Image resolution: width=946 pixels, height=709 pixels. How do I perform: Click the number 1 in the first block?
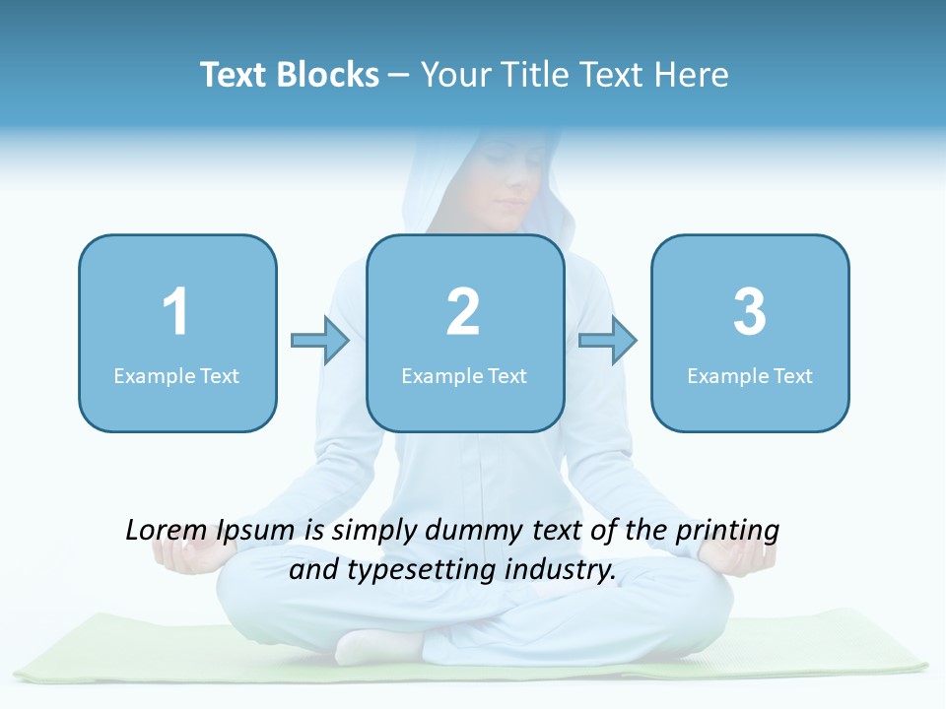pyautogui.click(x=175, y=312)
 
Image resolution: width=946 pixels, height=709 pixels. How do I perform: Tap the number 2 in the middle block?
pyautogui.click(x=463, y=312)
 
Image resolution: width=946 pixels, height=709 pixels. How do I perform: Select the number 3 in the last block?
pyautogui.click(x=750, y=312)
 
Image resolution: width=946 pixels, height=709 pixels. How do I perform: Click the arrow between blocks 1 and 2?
pyautogui.click(x=320, y=341)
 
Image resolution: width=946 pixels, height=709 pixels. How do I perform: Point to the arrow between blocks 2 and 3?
pyautogui.click(x=608, y=341)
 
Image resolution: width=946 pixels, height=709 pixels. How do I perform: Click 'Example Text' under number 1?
pyautogui.click(x=176, y=376)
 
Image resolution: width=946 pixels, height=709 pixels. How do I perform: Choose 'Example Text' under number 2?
pyautogui.click(x=464, y=376)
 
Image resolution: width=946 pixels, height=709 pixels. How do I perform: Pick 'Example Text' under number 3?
pyautogui.click(x=750, y=376)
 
